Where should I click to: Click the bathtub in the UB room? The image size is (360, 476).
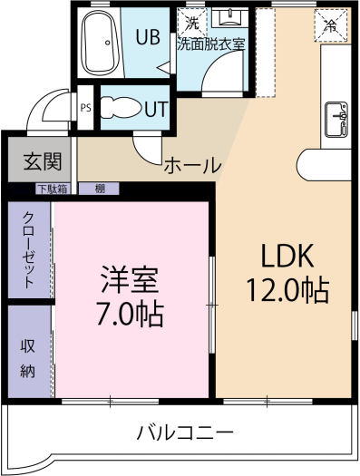[x=101, y=43]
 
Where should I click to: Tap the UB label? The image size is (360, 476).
[x=148, y=37]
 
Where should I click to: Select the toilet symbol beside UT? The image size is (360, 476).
[x=122, y=108]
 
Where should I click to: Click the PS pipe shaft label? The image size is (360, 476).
[x=86, y=108]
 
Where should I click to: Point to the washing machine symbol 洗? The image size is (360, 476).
[x=192, y=24]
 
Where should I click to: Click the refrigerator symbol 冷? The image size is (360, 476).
[x=331, y=25]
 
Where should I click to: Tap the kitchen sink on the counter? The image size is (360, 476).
[x=336, y=120]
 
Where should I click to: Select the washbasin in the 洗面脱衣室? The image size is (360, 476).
[x=230, y=17]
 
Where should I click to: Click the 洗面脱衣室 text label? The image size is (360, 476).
[x=211, y=45]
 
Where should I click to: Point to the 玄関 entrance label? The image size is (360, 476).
[x=43, y=160]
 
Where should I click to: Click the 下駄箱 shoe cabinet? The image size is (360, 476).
[x=54, y=189]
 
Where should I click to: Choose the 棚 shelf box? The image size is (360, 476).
[x=99, y=189]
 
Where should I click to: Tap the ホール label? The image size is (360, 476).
[x=193, y=165]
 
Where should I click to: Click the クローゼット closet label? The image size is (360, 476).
[x=28, y=250]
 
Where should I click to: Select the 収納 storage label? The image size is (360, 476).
[x=27, y=358]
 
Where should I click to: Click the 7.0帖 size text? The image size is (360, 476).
[x=130, y=314]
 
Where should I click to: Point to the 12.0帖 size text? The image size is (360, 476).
[x=287, y=289]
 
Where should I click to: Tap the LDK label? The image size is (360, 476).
[x=287, y=256]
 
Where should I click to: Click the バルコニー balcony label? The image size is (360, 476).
[x=186, y=432]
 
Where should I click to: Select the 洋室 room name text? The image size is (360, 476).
[x=130, y=279]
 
